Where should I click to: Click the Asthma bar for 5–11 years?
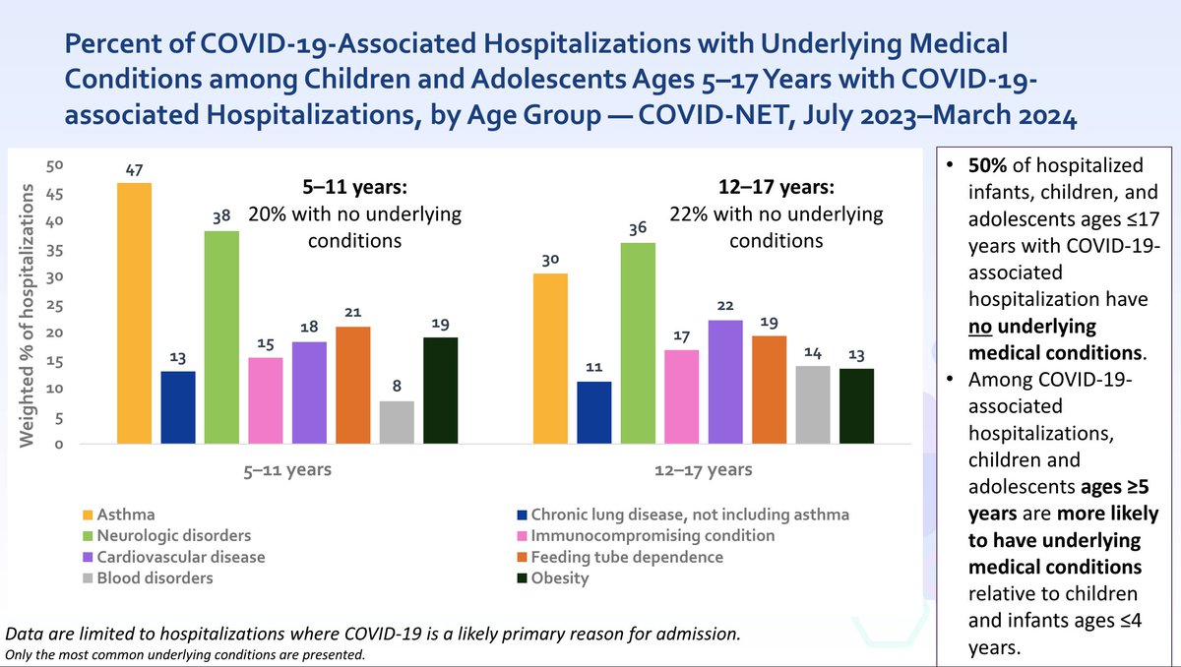click(x=134, y=313)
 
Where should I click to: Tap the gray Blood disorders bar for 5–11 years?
click(x=397, y=422)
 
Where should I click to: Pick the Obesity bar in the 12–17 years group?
click(x=856, y=405)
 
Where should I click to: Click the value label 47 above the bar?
click(x=134, y=169)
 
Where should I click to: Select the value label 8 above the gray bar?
click(x=397, y=387)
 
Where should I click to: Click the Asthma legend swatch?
click(x=88, y=515)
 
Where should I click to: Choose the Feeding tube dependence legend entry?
click(x=627, y=557)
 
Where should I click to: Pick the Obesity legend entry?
click(x=559, y=578)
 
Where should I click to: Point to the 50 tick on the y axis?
click(x=59, y=165)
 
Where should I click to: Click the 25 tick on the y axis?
click(x=59, y=305)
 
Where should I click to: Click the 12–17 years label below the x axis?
click(x=703, y=470)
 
